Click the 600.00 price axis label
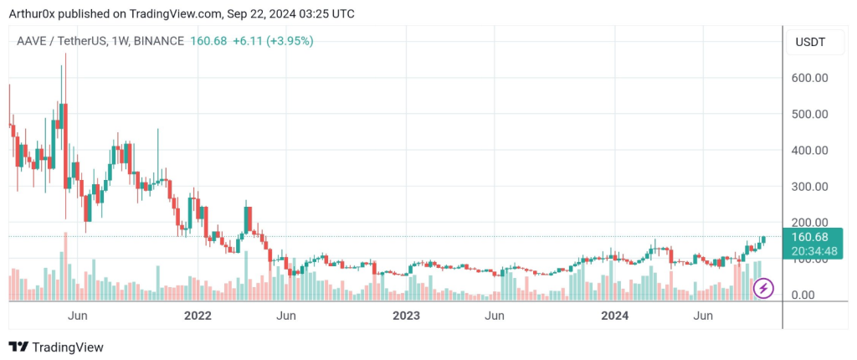809,78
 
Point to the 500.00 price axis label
809,114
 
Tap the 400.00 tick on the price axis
809,151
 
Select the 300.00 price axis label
809,187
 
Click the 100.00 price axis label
809,260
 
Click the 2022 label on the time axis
198,316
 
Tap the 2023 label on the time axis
406,316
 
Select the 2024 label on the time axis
615,316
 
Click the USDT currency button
810,42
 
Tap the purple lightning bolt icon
764,290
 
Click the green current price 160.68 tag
809,236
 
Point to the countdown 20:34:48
809,249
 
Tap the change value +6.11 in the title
249,40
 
